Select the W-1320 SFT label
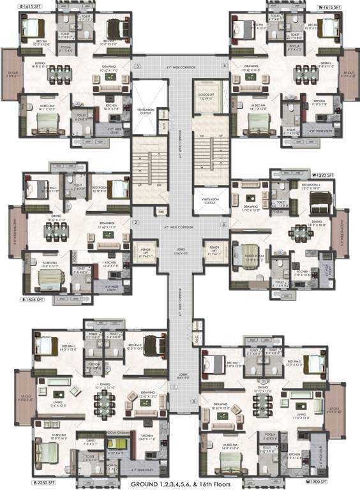[x=324, y=174]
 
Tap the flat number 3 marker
[x=136, y=66]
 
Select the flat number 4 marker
[x=225, y=66]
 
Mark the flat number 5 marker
[x=223, y=225]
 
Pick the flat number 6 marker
[x=193, y=401]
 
